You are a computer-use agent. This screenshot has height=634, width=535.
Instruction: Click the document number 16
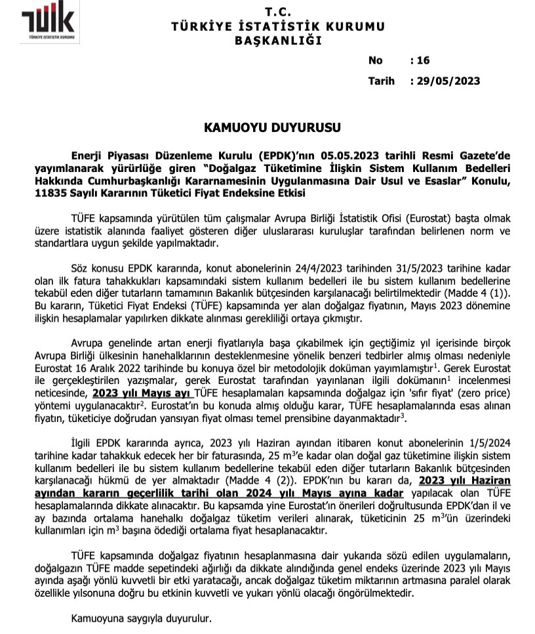(423, 60)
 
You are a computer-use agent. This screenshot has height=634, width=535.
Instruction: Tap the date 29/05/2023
(448, 81)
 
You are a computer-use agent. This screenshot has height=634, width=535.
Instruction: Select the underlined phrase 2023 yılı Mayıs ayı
(142, 393)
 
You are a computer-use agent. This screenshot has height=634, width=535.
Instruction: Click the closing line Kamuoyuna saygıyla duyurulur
(142, 618)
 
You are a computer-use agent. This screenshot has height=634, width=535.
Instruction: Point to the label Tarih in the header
(382, 81)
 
